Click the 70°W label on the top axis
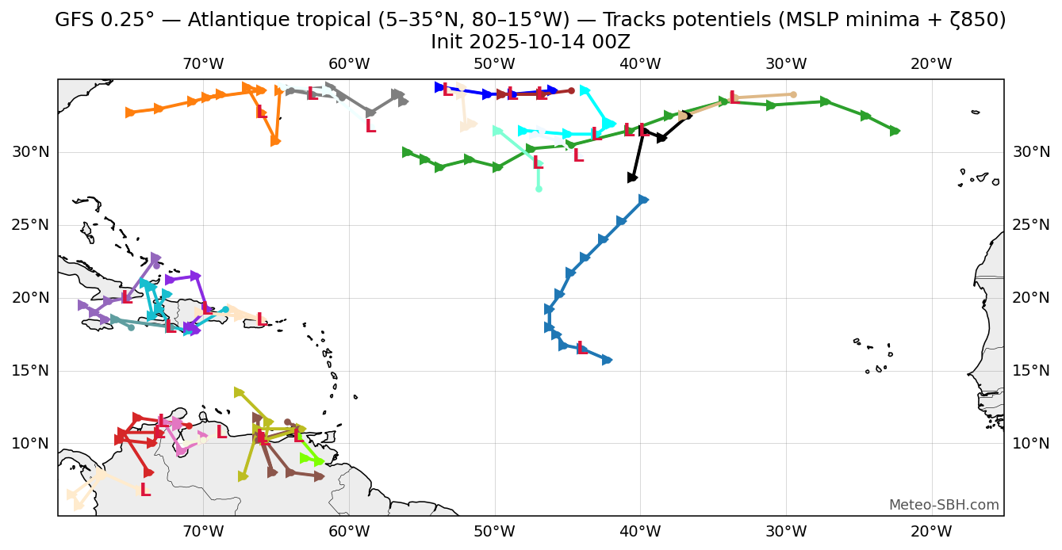tap(203, 64)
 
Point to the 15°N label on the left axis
tap(30, 371)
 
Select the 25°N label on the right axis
tap(1031, 225)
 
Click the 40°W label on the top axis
tap(640, 64)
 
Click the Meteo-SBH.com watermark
tap(944, 506)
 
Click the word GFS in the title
tap(74, 21)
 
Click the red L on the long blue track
tap(581, 349)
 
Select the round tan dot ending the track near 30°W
tap(793, 94)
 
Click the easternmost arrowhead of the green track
tap(895, 131)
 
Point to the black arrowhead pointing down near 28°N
tap(632, 178)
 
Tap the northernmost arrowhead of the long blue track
tap(643, 200)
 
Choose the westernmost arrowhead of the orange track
tap(131, 113)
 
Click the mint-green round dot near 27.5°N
tap(539, 189)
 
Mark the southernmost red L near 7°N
tap(144, 491)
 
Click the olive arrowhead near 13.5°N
tap(240, 392)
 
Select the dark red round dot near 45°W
tap(571, 90)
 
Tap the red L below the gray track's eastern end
tap(370, 127)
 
